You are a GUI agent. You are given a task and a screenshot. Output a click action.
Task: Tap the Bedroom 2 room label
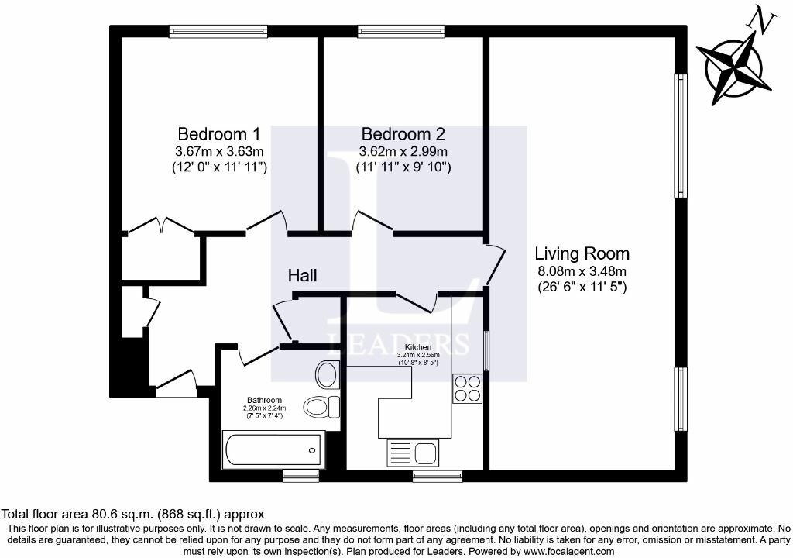402,133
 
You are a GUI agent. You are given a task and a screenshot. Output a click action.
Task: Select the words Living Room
582,253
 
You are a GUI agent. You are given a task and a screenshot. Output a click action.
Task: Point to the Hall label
302,275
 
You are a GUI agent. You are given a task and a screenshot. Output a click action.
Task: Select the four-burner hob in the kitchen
468,388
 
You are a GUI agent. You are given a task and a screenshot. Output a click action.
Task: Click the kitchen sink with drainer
413,453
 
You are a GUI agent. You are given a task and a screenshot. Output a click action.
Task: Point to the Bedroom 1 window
219,31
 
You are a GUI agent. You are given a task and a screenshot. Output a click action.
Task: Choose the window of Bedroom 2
402,31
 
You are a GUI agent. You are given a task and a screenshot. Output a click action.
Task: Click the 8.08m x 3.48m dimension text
582,270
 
